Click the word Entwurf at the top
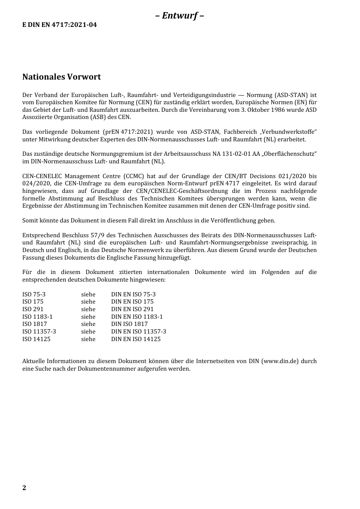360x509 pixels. (x=180, y=16)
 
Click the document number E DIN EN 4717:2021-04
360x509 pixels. (x=59, y=25)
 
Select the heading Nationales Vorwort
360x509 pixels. (x=61, y=77)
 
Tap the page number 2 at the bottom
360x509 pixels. (x=24, y=488)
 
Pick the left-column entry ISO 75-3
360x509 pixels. (x=34, y=294)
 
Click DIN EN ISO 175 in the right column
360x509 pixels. (x=132, y=302)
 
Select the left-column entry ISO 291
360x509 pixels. (x=33, y=309)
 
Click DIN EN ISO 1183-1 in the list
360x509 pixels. (x=137, y=317)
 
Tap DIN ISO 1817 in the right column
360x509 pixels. (x=129, y=324)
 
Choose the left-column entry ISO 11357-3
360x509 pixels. (x=39, y=332)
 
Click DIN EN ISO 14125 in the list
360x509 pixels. (x=136, y=339)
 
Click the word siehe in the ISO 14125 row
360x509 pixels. (x=88, y=339)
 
